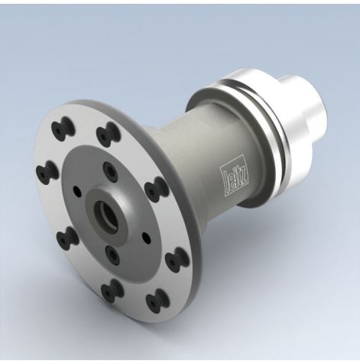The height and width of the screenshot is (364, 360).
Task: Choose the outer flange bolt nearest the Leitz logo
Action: pos(155,188)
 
